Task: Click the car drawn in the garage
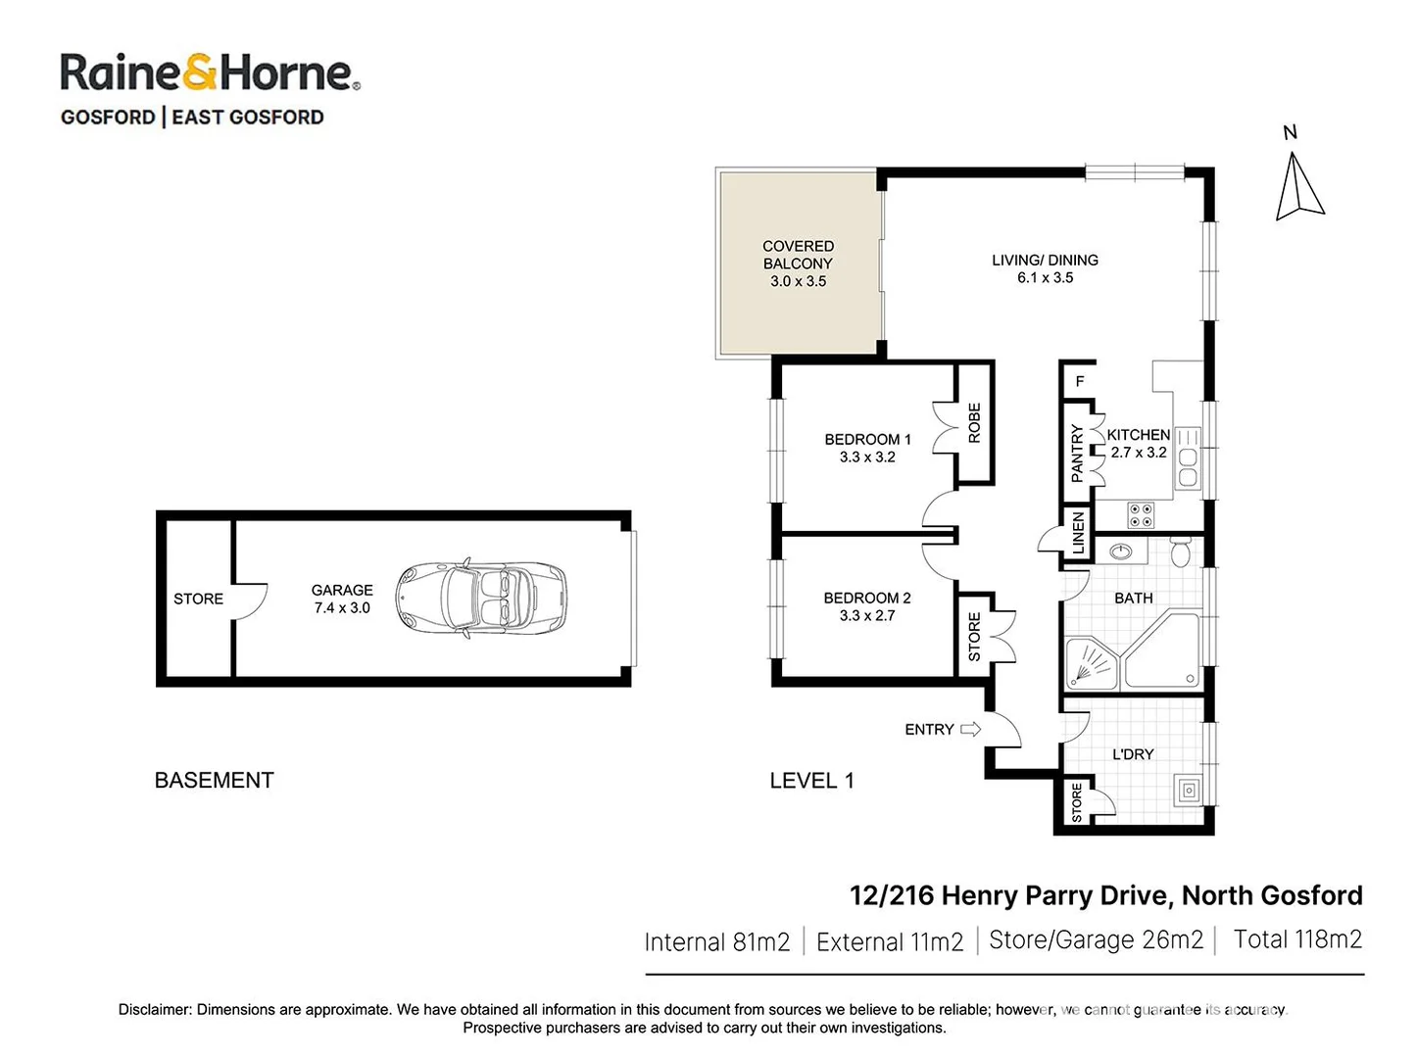coord(481,600)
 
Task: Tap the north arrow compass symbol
coord(1299,187)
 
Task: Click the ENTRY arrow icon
coord(970,729)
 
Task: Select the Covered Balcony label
coord(798,255)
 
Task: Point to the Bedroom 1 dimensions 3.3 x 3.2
coord(867,457)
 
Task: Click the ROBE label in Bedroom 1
coord(974,423)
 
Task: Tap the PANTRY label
coord(1078,453)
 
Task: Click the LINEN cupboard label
coord(1078,534)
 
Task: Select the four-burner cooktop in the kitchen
coord(1140,515)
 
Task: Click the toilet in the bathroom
coord(1181,553)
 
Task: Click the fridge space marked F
coord(1080,381)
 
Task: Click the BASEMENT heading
coord(214,781)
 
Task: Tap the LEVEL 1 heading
coord(811,781)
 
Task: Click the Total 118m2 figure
coord(1296,939)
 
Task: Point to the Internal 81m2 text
coord(716,942)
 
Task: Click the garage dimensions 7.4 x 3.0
coord(342,608)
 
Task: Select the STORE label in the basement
coord(198,599)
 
